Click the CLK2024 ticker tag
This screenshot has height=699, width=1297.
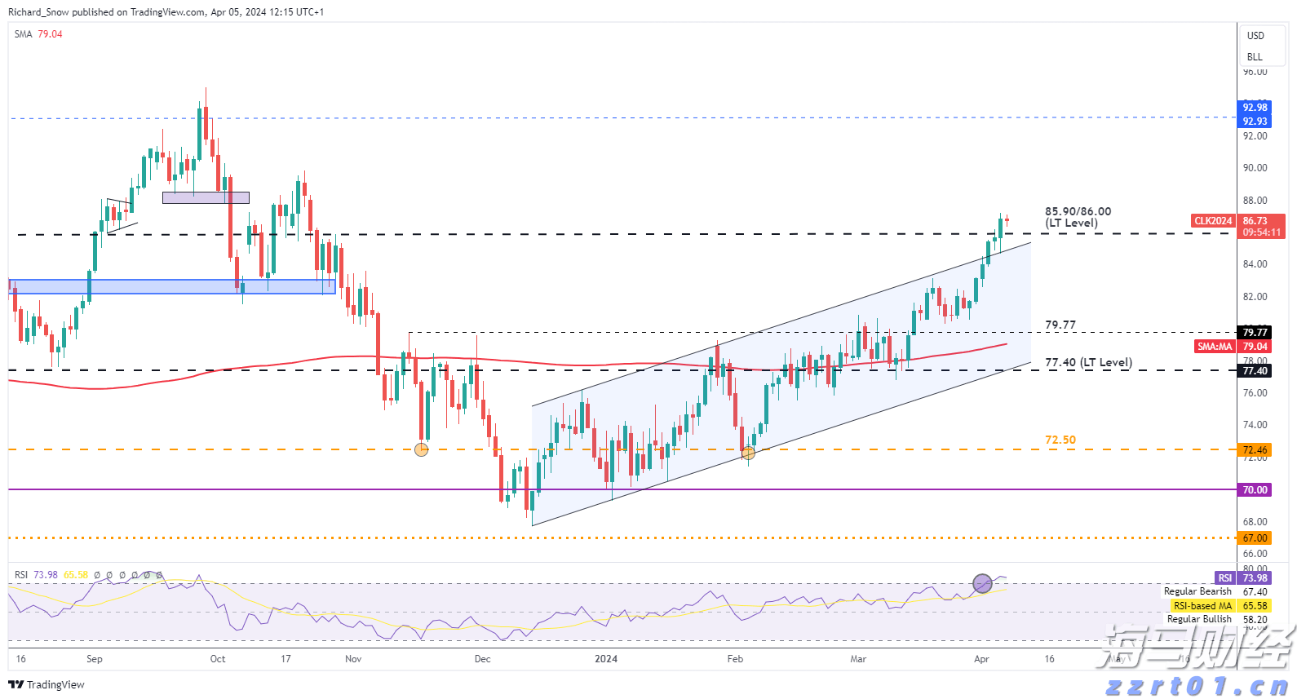[1213, 221]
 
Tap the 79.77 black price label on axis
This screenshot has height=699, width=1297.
[1255, 332]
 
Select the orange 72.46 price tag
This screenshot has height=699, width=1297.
[1255, 450]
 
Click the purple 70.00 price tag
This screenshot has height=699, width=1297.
[1255, 490]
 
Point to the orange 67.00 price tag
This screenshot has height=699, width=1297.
[1255, 538]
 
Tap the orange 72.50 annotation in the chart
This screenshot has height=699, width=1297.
[1060, 440]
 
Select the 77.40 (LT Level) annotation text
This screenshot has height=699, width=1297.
[1088, 362]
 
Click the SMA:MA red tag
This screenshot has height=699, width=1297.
[1215, 347]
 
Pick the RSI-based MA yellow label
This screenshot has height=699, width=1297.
[1202, 606]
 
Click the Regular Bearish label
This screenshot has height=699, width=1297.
[1197, 591]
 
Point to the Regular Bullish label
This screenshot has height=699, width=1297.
[1199, 619]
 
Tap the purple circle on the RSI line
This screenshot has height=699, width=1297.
[983, 583]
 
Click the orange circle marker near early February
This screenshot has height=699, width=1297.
[748, 452]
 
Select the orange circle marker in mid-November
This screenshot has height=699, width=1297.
[421, 449]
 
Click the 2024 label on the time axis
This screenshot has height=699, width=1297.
[606, 659]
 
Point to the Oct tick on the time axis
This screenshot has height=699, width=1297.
[218, 659]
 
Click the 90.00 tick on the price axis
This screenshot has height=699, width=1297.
[1255, 168]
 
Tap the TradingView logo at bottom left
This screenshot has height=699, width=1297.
[46, 684]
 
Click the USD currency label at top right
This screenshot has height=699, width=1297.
[1255, 36]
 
